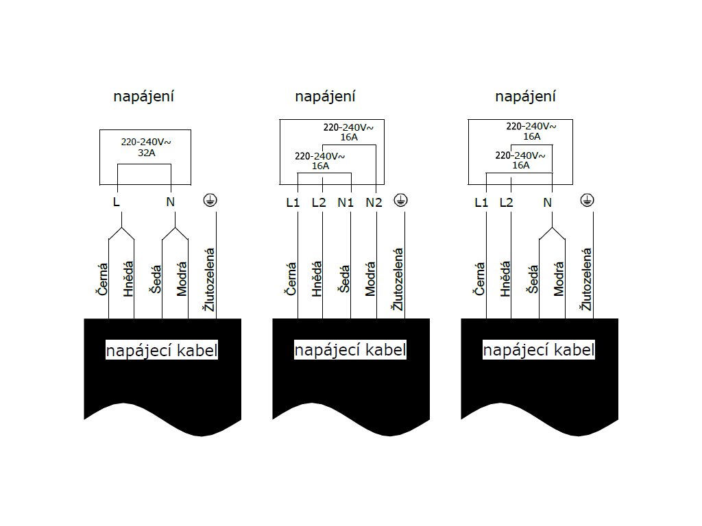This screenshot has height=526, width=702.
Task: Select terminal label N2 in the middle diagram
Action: point(374,203)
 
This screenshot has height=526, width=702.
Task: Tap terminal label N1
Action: point(346,203)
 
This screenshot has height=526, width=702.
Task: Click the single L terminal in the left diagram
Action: point(117,202)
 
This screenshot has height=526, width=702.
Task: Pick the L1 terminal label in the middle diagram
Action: point(293,203)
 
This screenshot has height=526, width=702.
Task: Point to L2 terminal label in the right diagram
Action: point(506,203)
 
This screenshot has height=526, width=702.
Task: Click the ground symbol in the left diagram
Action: point(210,200)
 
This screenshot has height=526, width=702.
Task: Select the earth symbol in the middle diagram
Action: point(400,200)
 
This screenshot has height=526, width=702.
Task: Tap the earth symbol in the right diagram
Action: point(587,200)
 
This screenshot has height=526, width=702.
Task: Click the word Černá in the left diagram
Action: point(102,279)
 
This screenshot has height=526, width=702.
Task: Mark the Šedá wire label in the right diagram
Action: point(532,279)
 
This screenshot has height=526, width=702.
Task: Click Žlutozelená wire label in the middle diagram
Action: point(397,279)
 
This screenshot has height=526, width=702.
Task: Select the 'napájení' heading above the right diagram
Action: point(525,97)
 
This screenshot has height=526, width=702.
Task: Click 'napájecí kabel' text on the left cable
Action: point(162,351)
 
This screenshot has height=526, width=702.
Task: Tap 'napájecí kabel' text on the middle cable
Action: point(350,351)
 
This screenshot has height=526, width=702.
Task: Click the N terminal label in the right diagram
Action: point(547,203)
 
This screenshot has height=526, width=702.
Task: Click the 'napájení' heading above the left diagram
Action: point(143,97)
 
